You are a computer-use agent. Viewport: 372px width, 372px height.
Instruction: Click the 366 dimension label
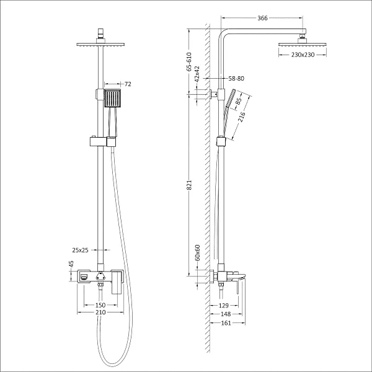(x=262, y=18)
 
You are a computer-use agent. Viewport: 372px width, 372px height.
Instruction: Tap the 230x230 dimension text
(x=303, y=55)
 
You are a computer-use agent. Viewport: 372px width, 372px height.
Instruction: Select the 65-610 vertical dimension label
(x=189, y=61)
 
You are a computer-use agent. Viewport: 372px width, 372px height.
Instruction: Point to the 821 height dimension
(x=189, y=185)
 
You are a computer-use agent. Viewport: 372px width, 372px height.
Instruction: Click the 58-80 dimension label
(x=236, y=78)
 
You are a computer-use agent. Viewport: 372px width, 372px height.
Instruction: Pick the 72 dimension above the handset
(x=128, y=84)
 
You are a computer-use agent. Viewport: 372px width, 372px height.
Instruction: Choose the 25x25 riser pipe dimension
(x=80, y=250)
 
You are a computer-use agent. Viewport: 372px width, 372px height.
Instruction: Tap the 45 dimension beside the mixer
(x=71, y=264)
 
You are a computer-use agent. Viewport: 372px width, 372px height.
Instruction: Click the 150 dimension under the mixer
(x=100, y=305)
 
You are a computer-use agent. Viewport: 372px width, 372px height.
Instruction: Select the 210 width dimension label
(x=100, y=312)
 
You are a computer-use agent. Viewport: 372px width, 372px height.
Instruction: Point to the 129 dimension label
(x=223, y=306)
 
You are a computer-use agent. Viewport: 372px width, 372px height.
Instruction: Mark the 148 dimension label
(x=226, y=314)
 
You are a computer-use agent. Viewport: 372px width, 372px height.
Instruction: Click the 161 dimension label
(x=226, y=323)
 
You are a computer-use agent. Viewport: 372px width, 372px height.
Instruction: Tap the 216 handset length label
(x=242, y=117)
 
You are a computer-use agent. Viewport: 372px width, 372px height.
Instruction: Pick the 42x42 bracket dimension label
(x=197, y=74)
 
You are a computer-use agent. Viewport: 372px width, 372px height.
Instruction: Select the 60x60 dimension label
(x=197, y=253)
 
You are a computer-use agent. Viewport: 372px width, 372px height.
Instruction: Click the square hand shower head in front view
(x=112, y=99)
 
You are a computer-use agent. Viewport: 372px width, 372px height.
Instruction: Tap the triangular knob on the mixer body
(x=100, y=276)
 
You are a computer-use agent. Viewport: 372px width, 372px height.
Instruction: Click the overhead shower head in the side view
(x=303, y=45)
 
